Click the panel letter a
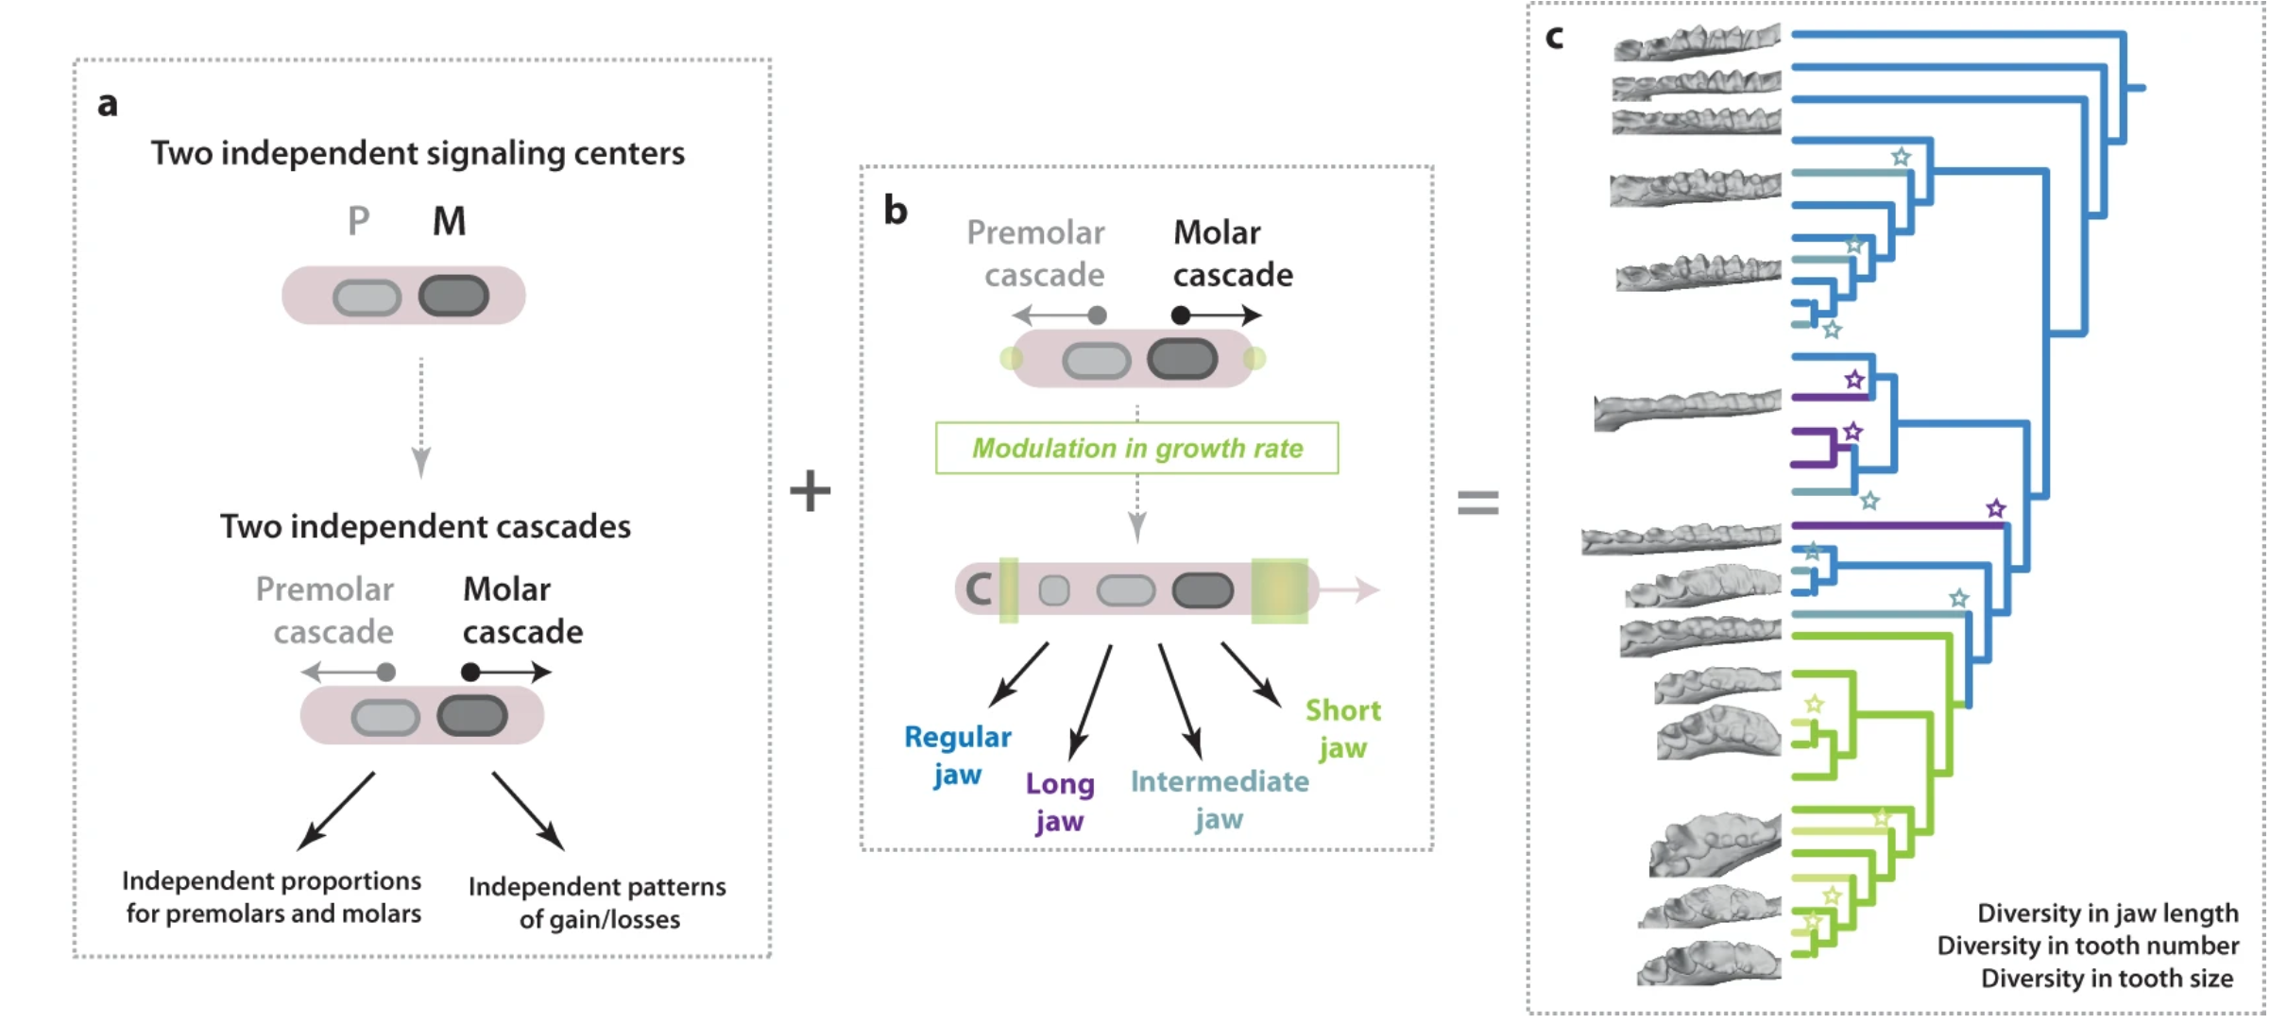tap(108, 104)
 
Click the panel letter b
tap(895, 210)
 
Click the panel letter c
tap(1554, 38)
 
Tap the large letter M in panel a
tap(449, 222)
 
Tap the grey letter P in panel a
tap(358, 222)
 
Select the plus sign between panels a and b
tap(810, 491)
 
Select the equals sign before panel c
tap(1477, 502)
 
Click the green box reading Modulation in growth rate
tap(1136, 448)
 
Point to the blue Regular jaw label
tap(957, 755)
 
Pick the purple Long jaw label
tap(1060, 801)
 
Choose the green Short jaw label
tap(1342, 728)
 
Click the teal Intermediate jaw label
tap(1219, 799)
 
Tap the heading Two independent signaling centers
tap(418, 153)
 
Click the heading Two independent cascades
tap(425, 526)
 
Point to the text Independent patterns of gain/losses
tap(597, 902)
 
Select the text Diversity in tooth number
tap(2087, 946)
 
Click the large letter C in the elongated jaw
tap(979, 589)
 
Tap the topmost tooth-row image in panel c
tap(1697, 43)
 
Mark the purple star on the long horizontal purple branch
tap(1995, 509)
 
